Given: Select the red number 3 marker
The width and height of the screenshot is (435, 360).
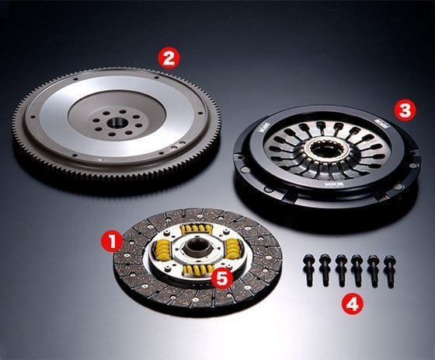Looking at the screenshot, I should (x=402, y=110).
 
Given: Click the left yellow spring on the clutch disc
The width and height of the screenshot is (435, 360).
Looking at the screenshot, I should (x=163, y=250).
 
